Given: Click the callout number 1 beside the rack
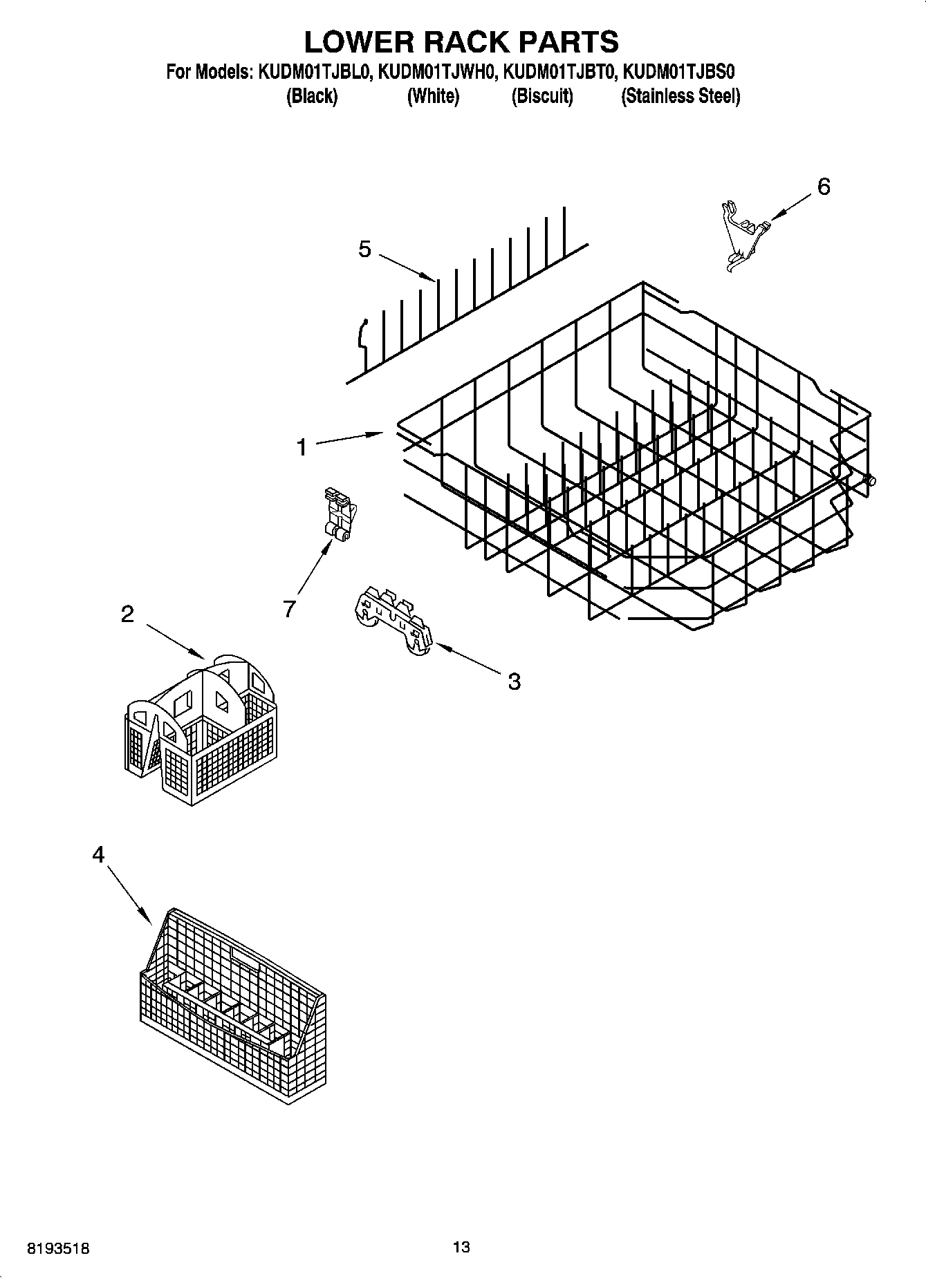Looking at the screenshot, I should [x=302, y=448].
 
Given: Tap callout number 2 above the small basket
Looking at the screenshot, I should [x=127, y=614].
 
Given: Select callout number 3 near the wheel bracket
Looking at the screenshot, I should [x=514, y=682].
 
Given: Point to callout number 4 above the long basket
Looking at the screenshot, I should [x=98, y=856].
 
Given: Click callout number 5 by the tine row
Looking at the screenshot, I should [x=365, y=250].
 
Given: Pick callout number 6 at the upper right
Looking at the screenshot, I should [x=824, y=187].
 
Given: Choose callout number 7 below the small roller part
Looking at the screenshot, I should [x=289, y=609].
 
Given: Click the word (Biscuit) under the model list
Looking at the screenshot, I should [x=542, y=96].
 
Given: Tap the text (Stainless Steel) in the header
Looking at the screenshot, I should [x=680, y=96].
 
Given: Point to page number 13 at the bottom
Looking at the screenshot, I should [x=461, y=1247].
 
